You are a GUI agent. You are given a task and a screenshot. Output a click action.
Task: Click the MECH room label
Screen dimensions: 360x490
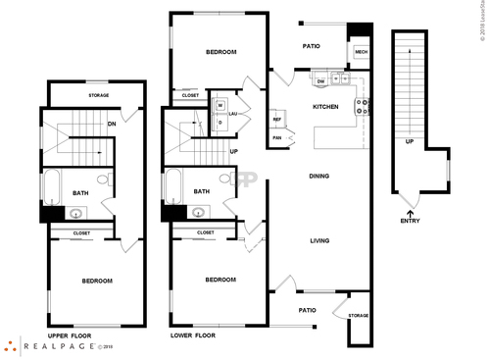pyautogui.click(x=361, y=52)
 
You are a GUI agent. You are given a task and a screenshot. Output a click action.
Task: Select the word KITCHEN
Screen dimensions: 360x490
pyautogui.click(x=326, y=106)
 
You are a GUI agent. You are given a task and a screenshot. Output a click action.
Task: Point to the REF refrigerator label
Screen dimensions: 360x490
pyautogui.click(x=277, y=120)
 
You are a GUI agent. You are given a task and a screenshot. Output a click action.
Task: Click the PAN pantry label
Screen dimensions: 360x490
pyautogui.click(x=277, y=137)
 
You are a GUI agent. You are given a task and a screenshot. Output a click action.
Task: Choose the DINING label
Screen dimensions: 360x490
pyautogui.click(x=318, y=177)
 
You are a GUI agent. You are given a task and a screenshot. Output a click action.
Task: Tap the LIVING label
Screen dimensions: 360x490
pyautogui.click(x=318, y=240)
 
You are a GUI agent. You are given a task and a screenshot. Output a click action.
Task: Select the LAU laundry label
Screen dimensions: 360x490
pyautogui.click(x=233, y=113)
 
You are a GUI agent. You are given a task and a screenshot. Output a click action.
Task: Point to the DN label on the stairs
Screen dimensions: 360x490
pyautogui.click(x=113, y=124)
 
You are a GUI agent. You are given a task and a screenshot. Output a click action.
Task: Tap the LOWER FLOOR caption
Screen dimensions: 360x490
pyautogui.click(x=193, y=334)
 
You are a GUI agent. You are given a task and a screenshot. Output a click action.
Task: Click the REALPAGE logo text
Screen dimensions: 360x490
pyautogui.click(x=59, y=346)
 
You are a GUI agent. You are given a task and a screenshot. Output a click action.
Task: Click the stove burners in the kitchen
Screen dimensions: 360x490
pyautogui.click(x=362, y=107)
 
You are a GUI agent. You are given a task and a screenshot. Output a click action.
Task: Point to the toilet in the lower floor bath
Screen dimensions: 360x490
pyautogui.click(x=226, y=180)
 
